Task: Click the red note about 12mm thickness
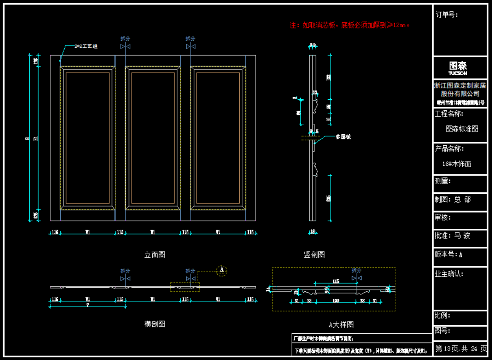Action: tap(349, 25)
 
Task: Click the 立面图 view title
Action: tap(155, 255)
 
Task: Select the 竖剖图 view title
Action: tap(314, 255)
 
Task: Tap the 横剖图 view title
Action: tap(155, 324)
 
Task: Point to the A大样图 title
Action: tap(341, 325)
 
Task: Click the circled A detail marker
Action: tap(222, 270)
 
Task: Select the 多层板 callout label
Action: tap(343, 137)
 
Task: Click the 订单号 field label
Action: tap(447, 15)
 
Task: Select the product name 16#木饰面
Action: tap(457, 164)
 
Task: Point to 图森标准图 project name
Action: tap(462, 129)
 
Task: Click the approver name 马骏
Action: tap(462, 236)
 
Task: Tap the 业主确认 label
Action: tap(449, 274)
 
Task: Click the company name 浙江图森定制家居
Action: tap(460, 86)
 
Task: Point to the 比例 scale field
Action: tap(442, 315)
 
